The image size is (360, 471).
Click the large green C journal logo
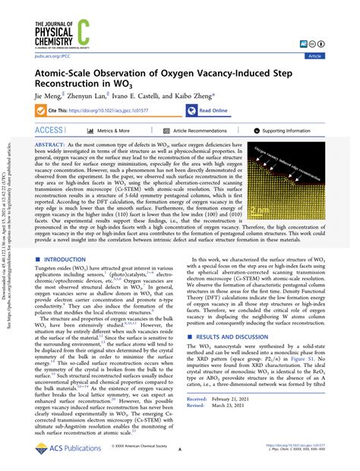click(84, 35)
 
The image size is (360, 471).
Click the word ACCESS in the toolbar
click(49, 131)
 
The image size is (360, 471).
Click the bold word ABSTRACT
click(49, 143)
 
